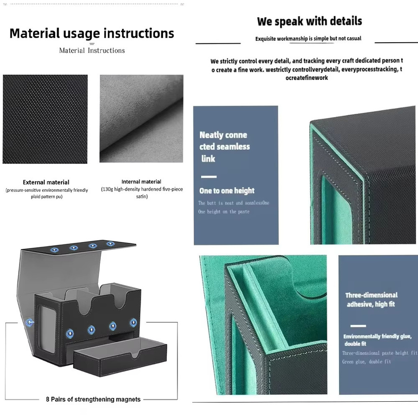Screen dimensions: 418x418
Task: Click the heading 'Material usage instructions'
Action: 91,34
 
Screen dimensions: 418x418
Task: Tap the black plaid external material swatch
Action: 45,119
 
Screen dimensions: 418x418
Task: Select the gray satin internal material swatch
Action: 141,118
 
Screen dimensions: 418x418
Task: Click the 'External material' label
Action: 46,183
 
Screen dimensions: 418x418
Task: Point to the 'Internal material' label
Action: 141,182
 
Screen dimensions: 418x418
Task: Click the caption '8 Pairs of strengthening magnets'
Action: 93,399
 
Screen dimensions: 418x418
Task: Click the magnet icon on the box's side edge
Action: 30,323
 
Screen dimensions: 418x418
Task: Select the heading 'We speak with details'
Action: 309,21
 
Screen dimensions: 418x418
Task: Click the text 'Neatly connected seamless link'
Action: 224,147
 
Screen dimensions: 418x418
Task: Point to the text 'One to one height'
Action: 227,190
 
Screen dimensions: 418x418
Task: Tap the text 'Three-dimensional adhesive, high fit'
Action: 371,300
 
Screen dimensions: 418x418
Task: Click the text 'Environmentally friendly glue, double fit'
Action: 377,340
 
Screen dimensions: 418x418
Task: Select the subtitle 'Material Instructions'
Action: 92,50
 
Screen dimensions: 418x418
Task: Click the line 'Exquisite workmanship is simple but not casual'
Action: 308,39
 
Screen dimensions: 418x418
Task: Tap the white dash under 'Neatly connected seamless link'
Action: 209,177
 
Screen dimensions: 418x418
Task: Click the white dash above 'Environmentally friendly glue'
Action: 358,326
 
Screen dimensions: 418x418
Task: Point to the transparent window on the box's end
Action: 47,329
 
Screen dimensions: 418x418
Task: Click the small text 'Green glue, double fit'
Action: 366,362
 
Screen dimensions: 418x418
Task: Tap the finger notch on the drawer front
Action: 136,354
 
